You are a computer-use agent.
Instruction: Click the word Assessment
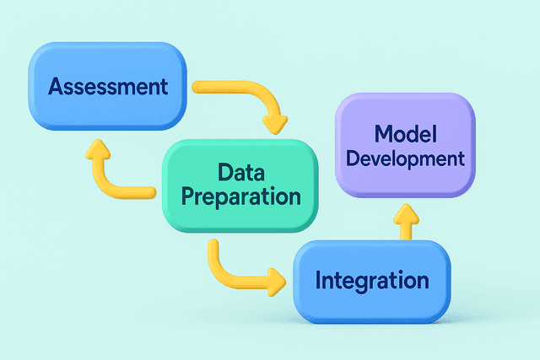point(108,86)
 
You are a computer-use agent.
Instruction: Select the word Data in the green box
point(238,175)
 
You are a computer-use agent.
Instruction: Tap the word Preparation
point(241,199)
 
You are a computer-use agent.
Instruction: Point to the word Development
point(406,158)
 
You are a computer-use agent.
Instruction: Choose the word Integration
point(371,280)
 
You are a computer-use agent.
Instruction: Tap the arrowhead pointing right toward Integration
point(275,281)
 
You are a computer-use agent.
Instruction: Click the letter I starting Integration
point(318,280)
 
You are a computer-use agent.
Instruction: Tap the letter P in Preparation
point(189,199)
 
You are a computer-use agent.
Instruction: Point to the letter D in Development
point(352,158)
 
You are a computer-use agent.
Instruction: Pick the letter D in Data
point(224,175)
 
